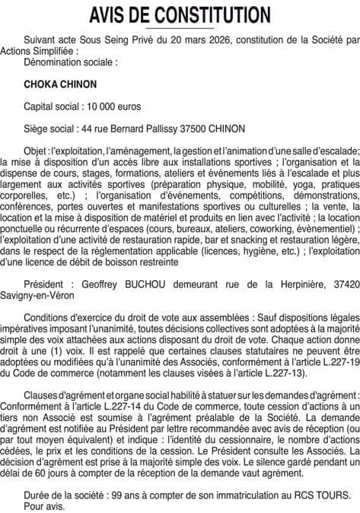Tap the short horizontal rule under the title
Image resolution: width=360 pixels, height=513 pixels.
tap(180, 28)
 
